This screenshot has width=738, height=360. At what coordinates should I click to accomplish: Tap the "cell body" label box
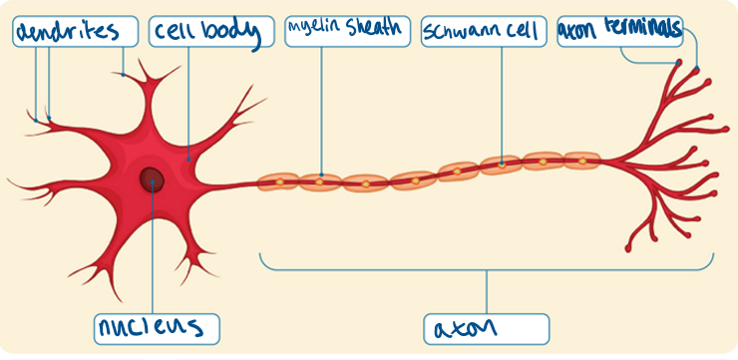[211, 32]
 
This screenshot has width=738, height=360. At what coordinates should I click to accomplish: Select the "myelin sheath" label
[346, 30]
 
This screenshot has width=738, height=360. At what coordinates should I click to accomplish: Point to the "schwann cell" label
[483, 30]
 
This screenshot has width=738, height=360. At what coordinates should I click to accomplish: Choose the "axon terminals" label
[619, 30]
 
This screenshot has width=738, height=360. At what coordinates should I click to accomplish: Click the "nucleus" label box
[156, 327]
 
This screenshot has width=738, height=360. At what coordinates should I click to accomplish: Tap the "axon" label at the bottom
[486, 327]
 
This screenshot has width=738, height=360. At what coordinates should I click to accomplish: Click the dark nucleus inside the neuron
[152, 180]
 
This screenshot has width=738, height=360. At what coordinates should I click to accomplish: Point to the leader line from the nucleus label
[152, 259]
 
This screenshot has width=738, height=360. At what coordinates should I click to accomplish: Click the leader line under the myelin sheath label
[322, 110]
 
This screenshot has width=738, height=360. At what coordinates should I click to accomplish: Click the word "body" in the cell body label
[236, 33]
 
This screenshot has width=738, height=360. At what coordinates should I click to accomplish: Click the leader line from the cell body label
[187, 100]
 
